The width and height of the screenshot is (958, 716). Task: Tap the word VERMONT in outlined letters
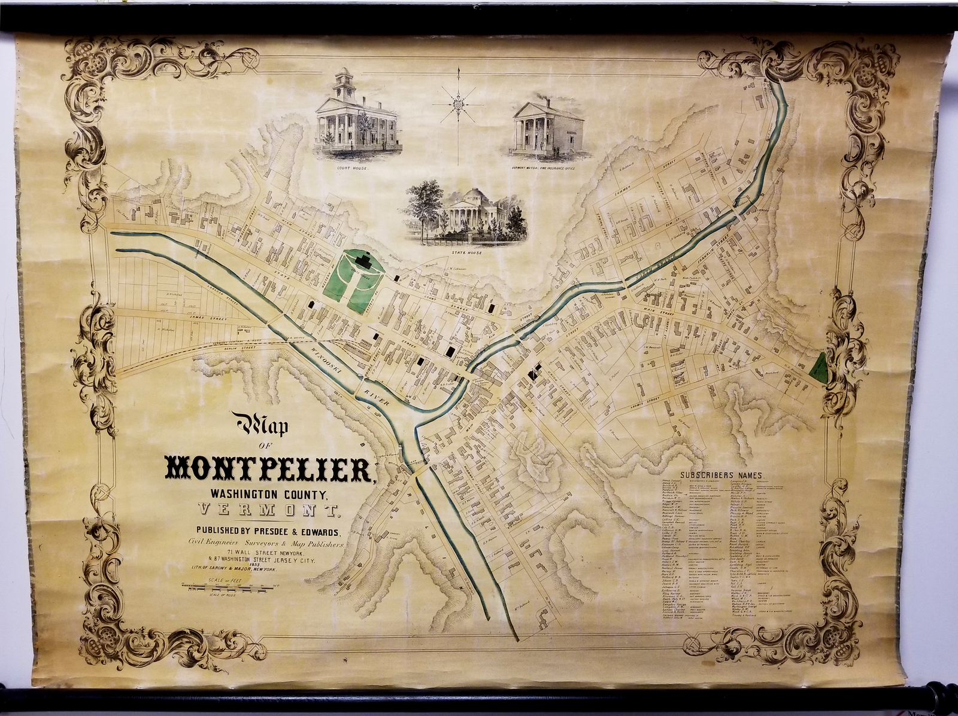[269, 511]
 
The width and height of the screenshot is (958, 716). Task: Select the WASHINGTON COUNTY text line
[268, 495]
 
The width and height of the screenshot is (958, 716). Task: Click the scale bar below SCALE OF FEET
[230, 590]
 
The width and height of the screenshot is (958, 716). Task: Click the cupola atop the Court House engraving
[344, 84]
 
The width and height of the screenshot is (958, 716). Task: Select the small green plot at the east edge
[818, 367]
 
